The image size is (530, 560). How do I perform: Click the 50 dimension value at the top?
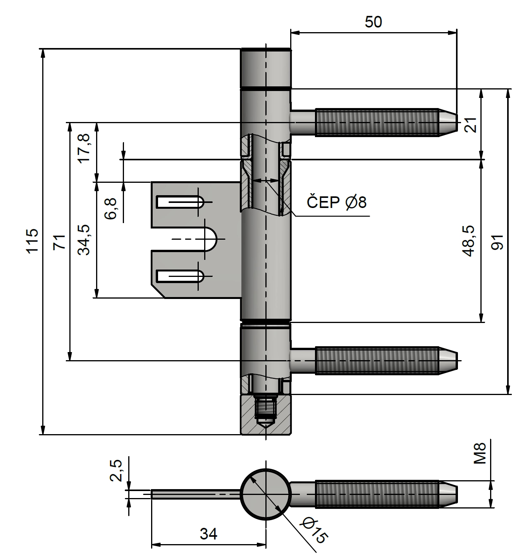373,22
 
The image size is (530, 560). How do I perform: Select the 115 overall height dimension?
33,241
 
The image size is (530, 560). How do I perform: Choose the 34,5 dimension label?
84,240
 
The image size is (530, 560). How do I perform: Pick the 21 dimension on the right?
471,125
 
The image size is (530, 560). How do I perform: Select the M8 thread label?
480,453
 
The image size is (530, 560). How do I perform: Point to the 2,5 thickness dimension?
116,470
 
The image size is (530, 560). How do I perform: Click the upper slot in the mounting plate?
180,202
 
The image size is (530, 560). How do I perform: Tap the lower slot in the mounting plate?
180,276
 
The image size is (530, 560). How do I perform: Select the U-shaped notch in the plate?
211,239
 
